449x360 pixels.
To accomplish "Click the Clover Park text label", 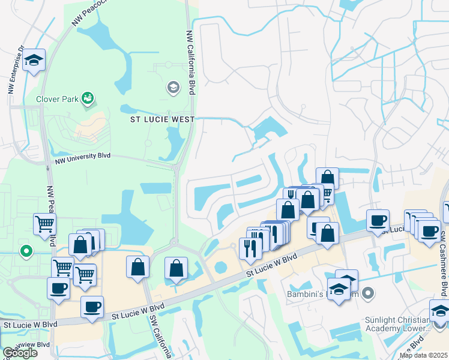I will coord(57,99).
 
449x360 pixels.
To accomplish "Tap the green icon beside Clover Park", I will coord(88,97).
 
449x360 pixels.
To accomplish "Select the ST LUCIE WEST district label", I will coord(163,119).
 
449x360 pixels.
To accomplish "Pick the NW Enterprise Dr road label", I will coord(15,71).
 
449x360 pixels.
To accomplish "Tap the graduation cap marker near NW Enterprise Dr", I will coord(34,60).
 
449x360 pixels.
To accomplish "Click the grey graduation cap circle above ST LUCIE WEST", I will coord(173,88).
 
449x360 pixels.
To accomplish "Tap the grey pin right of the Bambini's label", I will coord(368,294).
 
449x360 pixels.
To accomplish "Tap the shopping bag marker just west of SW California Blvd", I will coord(137,266).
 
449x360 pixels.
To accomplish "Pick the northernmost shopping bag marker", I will coord(327,178).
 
